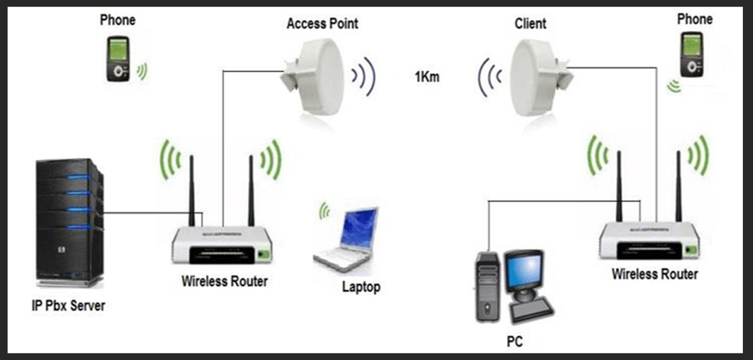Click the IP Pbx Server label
point(61,305)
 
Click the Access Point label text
point(322,23)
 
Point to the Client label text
point(530,23)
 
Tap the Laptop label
point(361,287)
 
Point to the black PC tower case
point(489,285)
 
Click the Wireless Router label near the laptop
point(224,281)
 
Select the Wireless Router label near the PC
point(654,274)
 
